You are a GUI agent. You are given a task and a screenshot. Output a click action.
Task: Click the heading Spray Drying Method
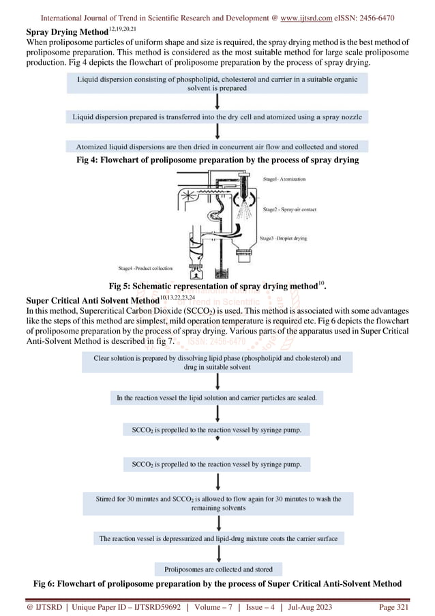click(x=67, y=31)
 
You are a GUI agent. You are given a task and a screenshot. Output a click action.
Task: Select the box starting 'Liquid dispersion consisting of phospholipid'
click(x=217, y=83)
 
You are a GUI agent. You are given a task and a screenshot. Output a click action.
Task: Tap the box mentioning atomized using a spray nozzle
click(x=217, y=117)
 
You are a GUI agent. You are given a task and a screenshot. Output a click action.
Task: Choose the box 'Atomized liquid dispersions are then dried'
click(x=217, y=146)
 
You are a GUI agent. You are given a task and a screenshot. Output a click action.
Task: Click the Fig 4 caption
click(x=217, y=160)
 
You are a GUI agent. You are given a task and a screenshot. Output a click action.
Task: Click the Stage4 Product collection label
click(x=145, y=268)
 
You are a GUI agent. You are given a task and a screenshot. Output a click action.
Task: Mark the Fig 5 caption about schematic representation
click(x=217, y=286)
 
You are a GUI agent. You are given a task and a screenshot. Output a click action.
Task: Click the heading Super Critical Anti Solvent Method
click(x=92, y=301)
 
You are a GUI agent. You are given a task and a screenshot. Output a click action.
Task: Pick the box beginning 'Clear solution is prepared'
click(x=217, y=362)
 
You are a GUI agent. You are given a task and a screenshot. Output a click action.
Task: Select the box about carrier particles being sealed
click(x=217, y=398)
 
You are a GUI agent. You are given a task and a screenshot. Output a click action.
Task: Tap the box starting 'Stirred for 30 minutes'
click(x=217, y=503)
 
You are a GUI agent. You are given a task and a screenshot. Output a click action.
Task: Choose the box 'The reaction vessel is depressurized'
click(x=217, y=538)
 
